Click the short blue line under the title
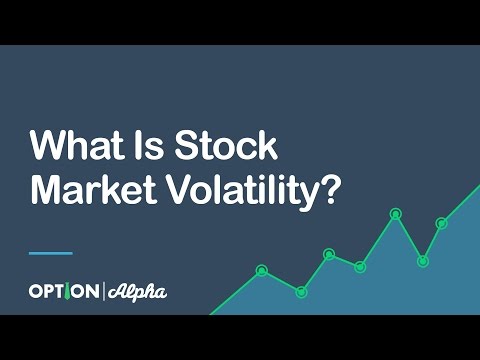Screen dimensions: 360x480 tap(50, 252)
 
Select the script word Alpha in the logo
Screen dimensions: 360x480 tap(136, 292)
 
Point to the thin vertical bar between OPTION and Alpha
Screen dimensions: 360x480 tap(103, 292)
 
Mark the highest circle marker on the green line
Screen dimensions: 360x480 tap(396, 213)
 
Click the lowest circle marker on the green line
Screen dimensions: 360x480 tap(301, 292)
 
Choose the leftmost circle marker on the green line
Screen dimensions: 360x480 tap(262, 270)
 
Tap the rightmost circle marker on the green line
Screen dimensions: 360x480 tap(442, 223)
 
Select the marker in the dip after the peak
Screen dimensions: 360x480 tap(423, 261)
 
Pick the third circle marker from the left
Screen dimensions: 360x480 tap(329, 254)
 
